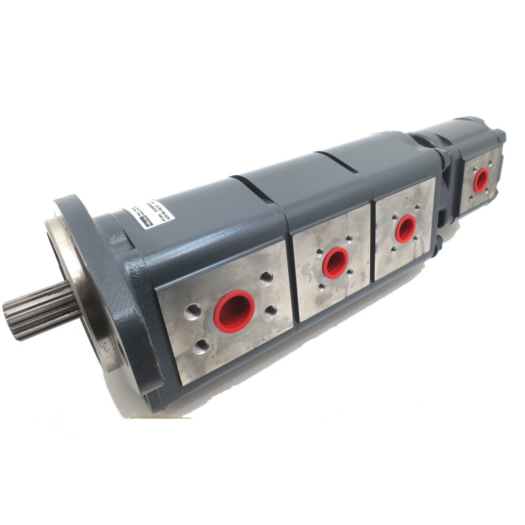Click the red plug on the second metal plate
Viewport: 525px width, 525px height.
[335, 262]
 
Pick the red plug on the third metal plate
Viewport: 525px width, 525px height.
[405, 228]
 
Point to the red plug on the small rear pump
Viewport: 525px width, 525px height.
[481, 179]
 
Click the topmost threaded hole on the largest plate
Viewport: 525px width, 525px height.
[266, 279]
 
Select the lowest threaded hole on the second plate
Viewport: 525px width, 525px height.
[321, 287]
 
